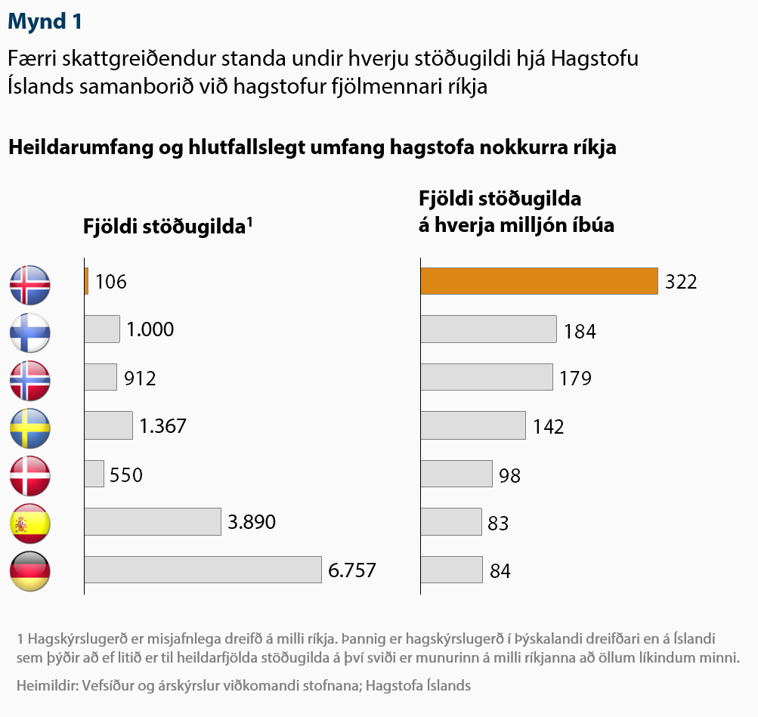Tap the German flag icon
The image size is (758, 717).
[x=30, y=570]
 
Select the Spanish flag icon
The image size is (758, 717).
[x=30, y=523]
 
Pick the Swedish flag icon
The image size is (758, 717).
[x=30, y=428]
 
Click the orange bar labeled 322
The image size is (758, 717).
[x=539, y=281]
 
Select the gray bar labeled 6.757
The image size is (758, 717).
[x=203, y=570]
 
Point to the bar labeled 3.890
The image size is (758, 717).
[x=152, y=521]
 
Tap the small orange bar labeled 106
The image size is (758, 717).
[x=87, y=281]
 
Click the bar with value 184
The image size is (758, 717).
[x=488, y=329]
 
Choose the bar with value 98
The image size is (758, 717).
[x=456, y=474]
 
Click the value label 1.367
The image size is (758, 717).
[x=162, y=426]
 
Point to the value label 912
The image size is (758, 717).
[x=140, y=378]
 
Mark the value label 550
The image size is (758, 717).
[x=126, y=474]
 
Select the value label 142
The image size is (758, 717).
[x=548, y=427]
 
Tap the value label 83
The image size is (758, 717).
[x=498, y=523]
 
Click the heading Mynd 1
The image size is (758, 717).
[x=45, y=22]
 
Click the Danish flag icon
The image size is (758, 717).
[x=30, y=475]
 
